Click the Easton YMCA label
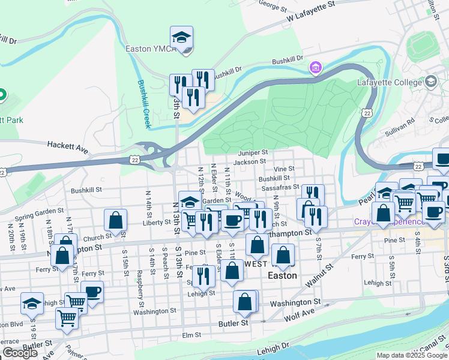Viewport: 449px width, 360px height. [x=150, y=49]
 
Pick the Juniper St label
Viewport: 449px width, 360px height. [x=252, y=153]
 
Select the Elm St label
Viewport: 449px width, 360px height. [x=191, y=335]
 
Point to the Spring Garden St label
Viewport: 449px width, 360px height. [x=39, y=214]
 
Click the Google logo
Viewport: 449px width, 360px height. [x=20, y=353]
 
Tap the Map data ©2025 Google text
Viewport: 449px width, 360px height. [x=412, y=355]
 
